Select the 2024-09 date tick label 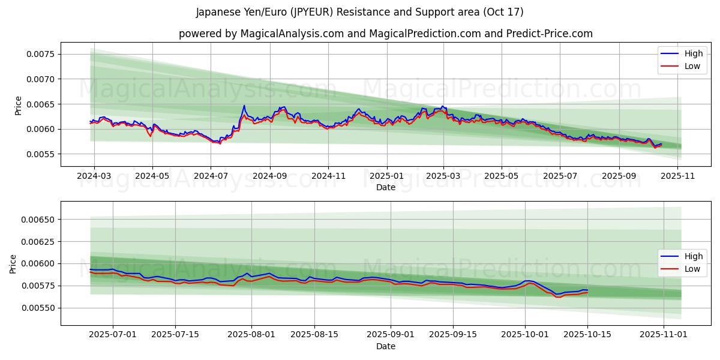coord(269,177)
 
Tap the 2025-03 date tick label coord(443,177)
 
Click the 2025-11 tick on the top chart coord(677,177)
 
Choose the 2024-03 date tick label coord(94,177)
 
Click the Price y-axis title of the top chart coord(18,105)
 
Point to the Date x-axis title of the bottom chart coord(386,346)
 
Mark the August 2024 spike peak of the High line coord(244,106)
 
